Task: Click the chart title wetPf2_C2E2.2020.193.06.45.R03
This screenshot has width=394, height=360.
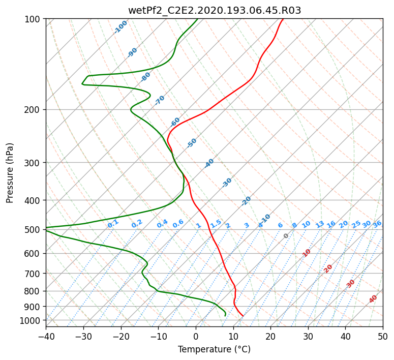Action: click(215, 10)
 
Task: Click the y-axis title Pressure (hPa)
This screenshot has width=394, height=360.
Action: click(9, 173)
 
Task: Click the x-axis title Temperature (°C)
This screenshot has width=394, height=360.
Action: click(215, 349)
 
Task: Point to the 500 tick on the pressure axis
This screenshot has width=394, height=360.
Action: click(33, 230)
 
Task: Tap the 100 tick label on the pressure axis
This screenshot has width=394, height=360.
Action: click(33, 19)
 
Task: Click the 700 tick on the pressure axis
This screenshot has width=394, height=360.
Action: click(33, 274)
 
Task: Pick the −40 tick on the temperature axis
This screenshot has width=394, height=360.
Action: click(46, 336)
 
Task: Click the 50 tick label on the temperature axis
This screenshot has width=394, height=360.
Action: click(383, 336)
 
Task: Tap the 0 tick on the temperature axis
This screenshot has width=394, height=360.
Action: click(196, 336)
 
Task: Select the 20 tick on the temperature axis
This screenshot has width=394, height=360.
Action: click(270, 336)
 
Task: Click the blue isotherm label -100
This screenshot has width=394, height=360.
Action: click(120, 27)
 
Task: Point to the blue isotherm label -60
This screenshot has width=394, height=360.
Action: click(175, 122)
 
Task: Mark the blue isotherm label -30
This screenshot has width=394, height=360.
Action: click(227, 183)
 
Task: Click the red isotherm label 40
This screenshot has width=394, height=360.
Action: click(373, 299)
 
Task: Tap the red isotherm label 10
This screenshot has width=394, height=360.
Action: click(306, 253)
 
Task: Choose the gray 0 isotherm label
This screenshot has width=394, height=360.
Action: click(286, 236)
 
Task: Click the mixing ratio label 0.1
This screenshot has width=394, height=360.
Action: click(113, 224)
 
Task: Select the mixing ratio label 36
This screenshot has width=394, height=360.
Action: click(377, 224)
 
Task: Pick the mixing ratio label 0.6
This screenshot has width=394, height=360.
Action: click(178, 224)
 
